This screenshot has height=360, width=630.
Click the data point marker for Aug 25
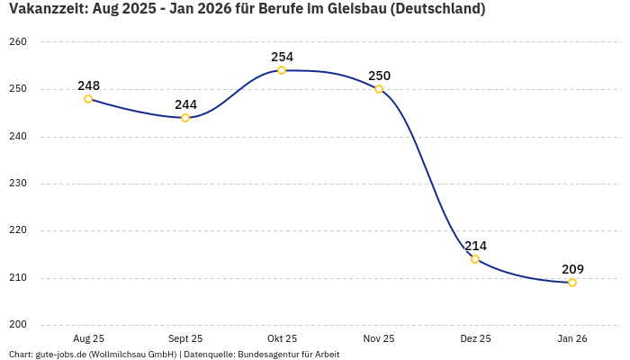[x=88, y=99]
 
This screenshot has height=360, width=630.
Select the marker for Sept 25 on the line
[x=185, y=118]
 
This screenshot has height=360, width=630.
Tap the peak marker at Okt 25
[x=282, y=70]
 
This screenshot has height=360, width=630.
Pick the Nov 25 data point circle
[x=379, y=89]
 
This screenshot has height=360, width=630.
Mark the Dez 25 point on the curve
[x=475, y=259]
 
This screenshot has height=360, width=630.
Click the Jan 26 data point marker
[x=572, y=283]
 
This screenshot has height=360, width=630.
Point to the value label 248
[x=88, y=85]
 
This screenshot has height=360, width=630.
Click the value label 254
[x=282, y=57]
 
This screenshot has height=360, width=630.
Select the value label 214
[x=475, y=246]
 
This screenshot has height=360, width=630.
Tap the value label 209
[x=572, y=269]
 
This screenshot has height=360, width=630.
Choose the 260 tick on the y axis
[x=19, y=42]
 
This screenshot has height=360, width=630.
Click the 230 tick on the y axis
[x=19, y=184]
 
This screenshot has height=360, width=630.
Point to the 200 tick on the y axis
[x=19, y=325]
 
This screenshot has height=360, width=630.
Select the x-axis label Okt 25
[x=282, y=339]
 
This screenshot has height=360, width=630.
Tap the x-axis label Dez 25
[x=475, y=339]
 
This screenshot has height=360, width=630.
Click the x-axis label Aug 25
[x=88, y=339]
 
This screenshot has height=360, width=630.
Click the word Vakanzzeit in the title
[x=47, y=9]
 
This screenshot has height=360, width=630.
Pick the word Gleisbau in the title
[x=354, y=9]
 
